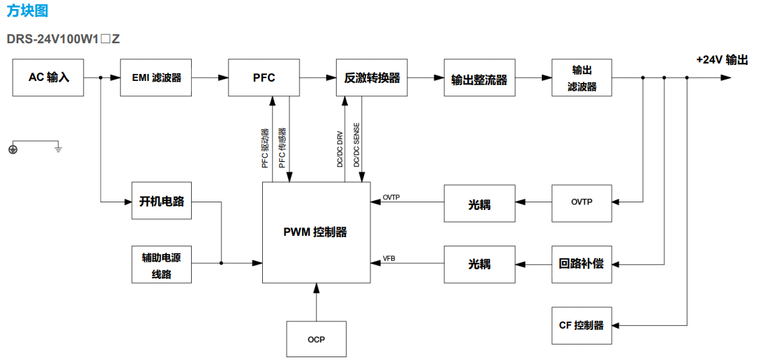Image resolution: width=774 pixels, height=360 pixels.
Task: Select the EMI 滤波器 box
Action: pos(156,77)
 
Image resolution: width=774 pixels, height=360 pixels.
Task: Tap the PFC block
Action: pos(264,77)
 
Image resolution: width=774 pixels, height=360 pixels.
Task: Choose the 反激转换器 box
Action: pos(372,77)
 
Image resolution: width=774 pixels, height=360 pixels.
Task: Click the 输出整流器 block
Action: pos(479,80)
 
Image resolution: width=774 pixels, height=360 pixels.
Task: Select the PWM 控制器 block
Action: pos(315,232)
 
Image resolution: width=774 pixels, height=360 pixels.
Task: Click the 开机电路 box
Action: pos(161,201)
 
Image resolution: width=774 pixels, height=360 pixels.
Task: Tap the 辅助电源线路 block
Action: pos(161,264)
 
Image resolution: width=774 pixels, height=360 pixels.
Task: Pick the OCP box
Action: pos(316,339)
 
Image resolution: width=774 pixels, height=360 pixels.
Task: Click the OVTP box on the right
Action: pos(582,202)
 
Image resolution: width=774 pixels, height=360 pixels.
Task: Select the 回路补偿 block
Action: pos(582,264)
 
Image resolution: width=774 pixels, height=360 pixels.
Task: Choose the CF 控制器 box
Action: pos(582,325)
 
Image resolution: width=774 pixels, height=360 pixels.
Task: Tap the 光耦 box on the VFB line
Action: pos(479,264)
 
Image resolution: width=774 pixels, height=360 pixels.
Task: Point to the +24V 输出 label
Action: pos(722,60)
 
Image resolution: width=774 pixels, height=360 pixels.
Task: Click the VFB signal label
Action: pos(389,259)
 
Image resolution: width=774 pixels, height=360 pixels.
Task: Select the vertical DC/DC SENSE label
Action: pos(357,146)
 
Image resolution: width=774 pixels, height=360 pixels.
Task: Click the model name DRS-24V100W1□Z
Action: pos(63,38)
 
